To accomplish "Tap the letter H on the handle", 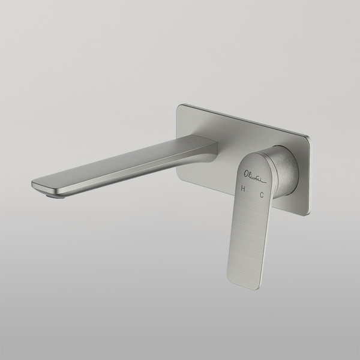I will click(x=243, y=189).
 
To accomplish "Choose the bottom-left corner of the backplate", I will click(x=181, y=176).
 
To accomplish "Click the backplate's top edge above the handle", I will click(x=264, y=123).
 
